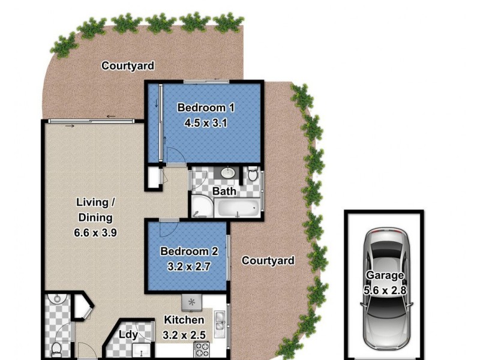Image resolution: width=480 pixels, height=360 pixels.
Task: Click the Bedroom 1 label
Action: [206, 108]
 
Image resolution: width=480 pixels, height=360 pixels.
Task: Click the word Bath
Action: [225, 192]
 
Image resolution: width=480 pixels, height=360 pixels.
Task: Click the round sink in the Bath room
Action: [229, 173]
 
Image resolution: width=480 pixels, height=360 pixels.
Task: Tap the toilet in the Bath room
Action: [253, 175]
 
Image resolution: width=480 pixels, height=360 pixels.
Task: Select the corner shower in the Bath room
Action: [200, 207]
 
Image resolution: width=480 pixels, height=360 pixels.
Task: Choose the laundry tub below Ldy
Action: [143, 350]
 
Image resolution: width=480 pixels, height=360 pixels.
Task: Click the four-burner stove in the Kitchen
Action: [200, 349]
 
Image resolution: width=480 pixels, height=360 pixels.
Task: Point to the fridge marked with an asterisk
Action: [192, 301]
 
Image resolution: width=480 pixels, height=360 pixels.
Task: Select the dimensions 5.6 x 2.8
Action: [384, 289]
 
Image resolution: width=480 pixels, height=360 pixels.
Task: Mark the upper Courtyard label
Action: [128, 65]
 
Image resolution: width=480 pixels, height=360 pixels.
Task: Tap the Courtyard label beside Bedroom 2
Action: [268, 260]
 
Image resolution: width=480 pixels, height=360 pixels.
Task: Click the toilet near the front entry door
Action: [56, 347]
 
